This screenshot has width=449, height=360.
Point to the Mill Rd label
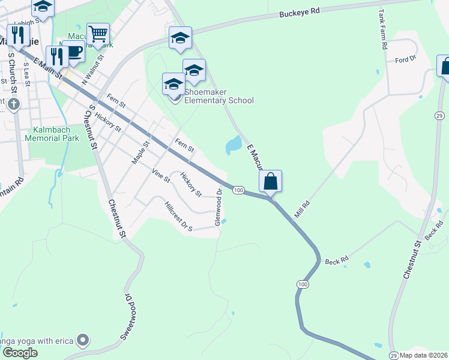(302, 209)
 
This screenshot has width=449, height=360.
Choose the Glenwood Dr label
(218, 208)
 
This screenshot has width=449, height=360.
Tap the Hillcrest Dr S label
(178, 217)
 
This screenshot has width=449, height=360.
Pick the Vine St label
(161, 175)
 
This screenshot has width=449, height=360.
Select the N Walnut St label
(93, 71)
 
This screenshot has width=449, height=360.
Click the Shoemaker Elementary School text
(219, 96)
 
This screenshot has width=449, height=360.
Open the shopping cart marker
(98, 34)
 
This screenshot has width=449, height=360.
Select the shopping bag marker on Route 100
(270, 181)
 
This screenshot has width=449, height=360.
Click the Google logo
(20, 352)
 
